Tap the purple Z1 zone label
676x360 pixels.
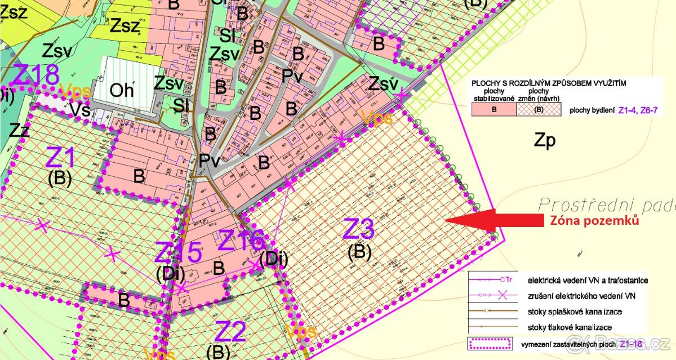point(60,158)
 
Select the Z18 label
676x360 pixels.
point(36,75)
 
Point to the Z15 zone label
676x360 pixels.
point(178,252)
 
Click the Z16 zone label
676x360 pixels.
point(241,241)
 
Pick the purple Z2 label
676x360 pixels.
point(231,331)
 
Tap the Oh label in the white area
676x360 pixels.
point(122,90)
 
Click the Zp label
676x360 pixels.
point(545,140)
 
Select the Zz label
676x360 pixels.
point(19,131)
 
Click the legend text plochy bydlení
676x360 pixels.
point(592,110)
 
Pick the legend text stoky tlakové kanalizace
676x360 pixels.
point(571,327)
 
